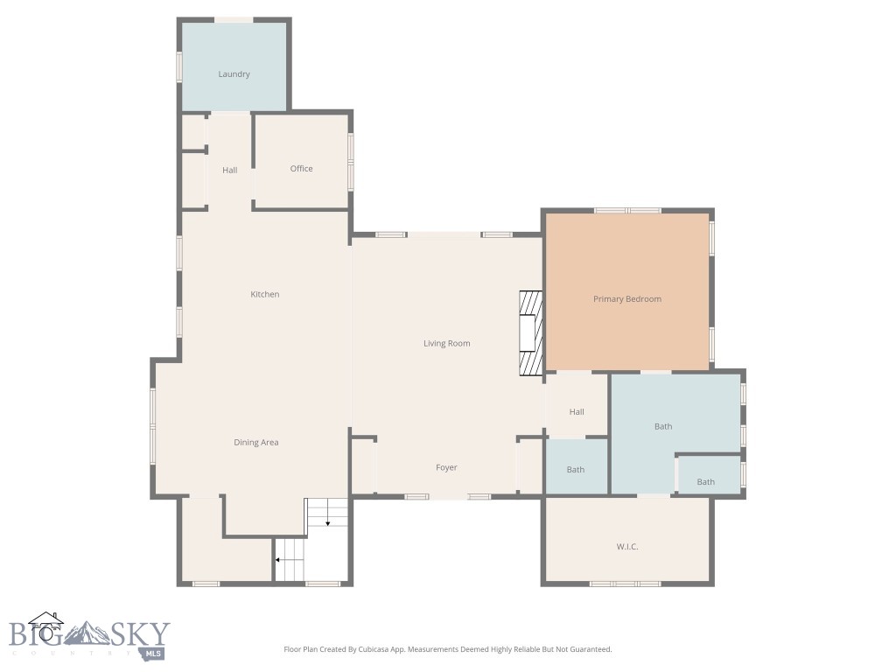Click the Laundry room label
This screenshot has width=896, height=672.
click(x=234, y=74)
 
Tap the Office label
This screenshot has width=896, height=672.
click(x=301, y=169)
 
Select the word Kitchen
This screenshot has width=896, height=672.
click(x=264, y=295)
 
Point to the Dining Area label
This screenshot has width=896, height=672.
click(x=255, y=443)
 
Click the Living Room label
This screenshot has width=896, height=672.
click(x=446, y=344)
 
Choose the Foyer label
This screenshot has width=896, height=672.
click(x=446, y=468)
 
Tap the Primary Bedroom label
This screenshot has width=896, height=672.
click(x=626, y=299)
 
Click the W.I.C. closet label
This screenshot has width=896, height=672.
click(x=626, y=547)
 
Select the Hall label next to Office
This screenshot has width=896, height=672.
click(x=229, y=171)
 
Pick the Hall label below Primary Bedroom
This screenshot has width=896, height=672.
click(x=576, y=412)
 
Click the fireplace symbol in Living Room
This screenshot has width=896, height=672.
click(x=530, y=333)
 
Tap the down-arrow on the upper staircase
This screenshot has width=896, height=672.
click(x=327, y=522)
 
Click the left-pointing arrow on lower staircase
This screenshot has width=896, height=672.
click(x=279, y=559)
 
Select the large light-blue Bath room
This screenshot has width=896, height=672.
click(x=663, y=427)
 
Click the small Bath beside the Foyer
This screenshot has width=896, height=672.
click(x=575, y=470)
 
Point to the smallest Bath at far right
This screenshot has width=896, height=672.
click(x=705, y=482)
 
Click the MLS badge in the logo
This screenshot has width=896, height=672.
click(x=154, y=652)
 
